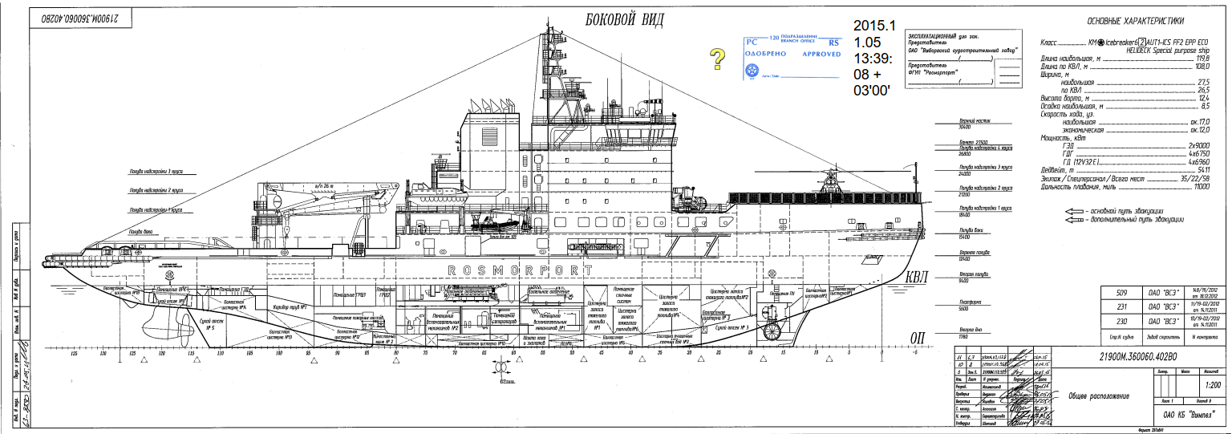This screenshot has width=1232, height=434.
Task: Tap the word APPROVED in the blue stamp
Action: point(821,54)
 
